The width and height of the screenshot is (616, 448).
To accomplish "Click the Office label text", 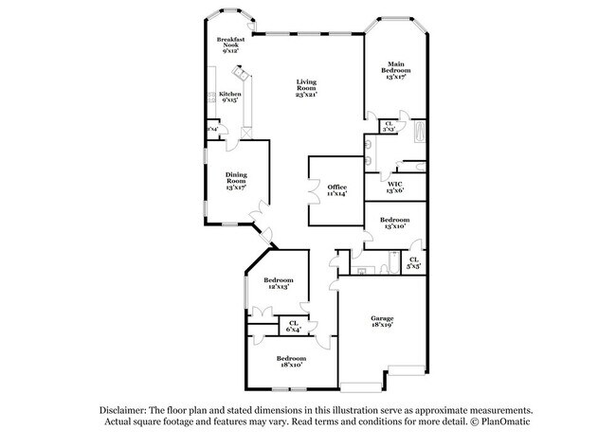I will (337, 188).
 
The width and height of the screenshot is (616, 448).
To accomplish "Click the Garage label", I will (382, 318).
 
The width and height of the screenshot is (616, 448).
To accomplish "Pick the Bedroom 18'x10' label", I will (290, 361).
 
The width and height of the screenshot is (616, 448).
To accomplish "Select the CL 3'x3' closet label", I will (389, 124).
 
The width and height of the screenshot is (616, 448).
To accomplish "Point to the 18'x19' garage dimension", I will (382, 325).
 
